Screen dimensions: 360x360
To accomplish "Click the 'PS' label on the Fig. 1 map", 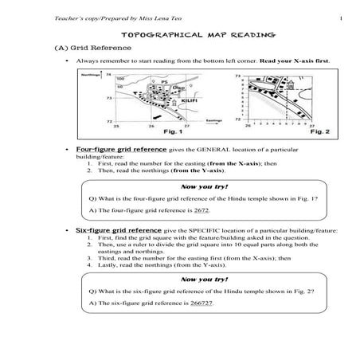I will point(163,81).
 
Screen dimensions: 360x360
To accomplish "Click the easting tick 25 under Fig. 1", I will point(117,127).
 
